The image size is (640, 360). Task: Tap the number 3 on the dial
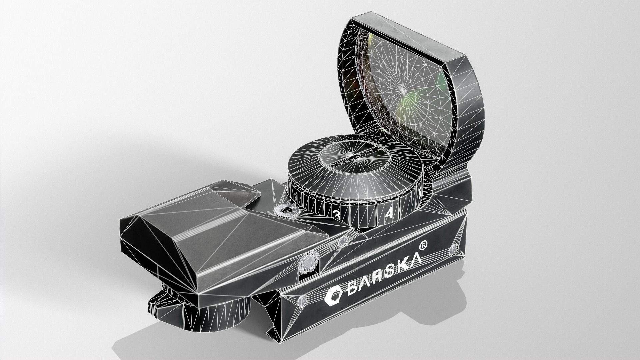337,215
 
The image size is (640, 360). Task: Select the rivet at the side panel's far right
455,249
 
